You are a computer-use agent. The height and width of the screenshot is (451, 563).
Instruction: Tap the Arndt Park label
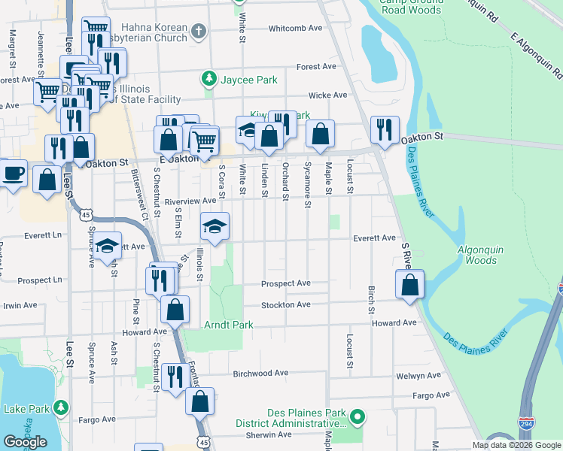[228, 325]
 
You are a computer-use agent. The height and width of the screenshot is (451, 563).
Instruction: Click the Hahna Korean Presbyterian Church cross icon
[198, 31]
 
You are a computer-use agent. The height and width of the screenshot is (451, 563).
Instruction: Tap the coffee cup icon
[13, 173]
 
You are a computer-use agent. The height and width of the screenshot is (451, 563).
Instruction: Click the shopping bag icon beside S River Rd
[409, 285]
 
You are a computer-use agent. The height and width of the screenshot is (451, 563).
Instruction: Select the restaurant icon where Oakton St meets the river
[385, 130]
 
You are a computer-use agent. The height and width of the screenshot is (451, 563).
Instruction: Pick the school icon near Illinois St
[215, 226]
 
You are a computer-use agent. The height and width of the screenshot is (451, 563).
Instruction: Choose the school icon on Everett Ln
[108, 245]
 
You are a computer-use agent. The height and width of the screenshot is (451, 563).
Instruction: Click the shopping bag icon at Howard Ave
[175, 309]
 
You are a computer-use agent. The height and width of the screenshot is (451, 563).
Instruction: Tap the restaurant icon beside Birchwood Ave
[175, 377]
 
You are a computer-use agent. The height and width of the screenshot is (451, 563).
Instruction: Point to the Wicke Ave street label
[327, 95]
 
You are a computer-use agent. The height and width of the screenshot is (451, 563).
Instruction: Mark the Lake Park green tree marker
[59, 408]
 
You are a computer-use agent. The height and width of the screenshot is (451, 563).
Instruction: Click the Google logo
[25, 442]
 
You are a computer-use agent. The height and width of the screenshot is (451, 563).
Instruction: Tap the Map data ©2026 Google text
[516, 444]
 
